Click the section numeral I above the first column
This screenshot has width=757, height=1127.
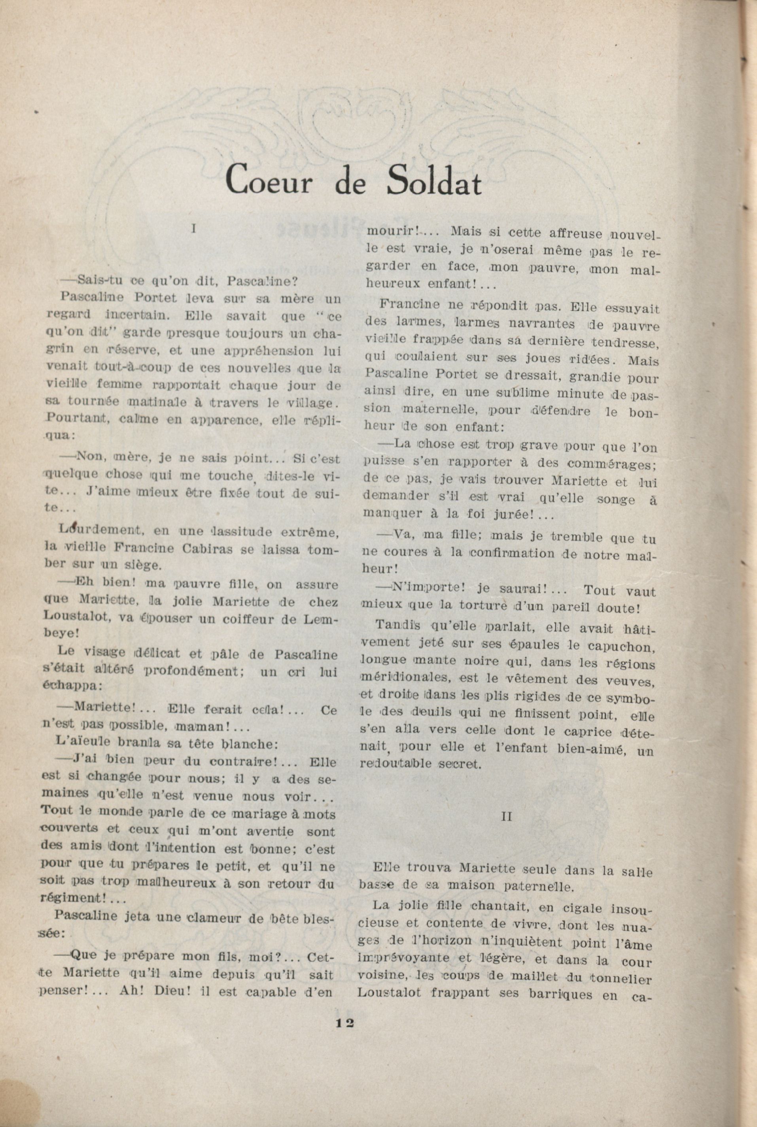point(193,229)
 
